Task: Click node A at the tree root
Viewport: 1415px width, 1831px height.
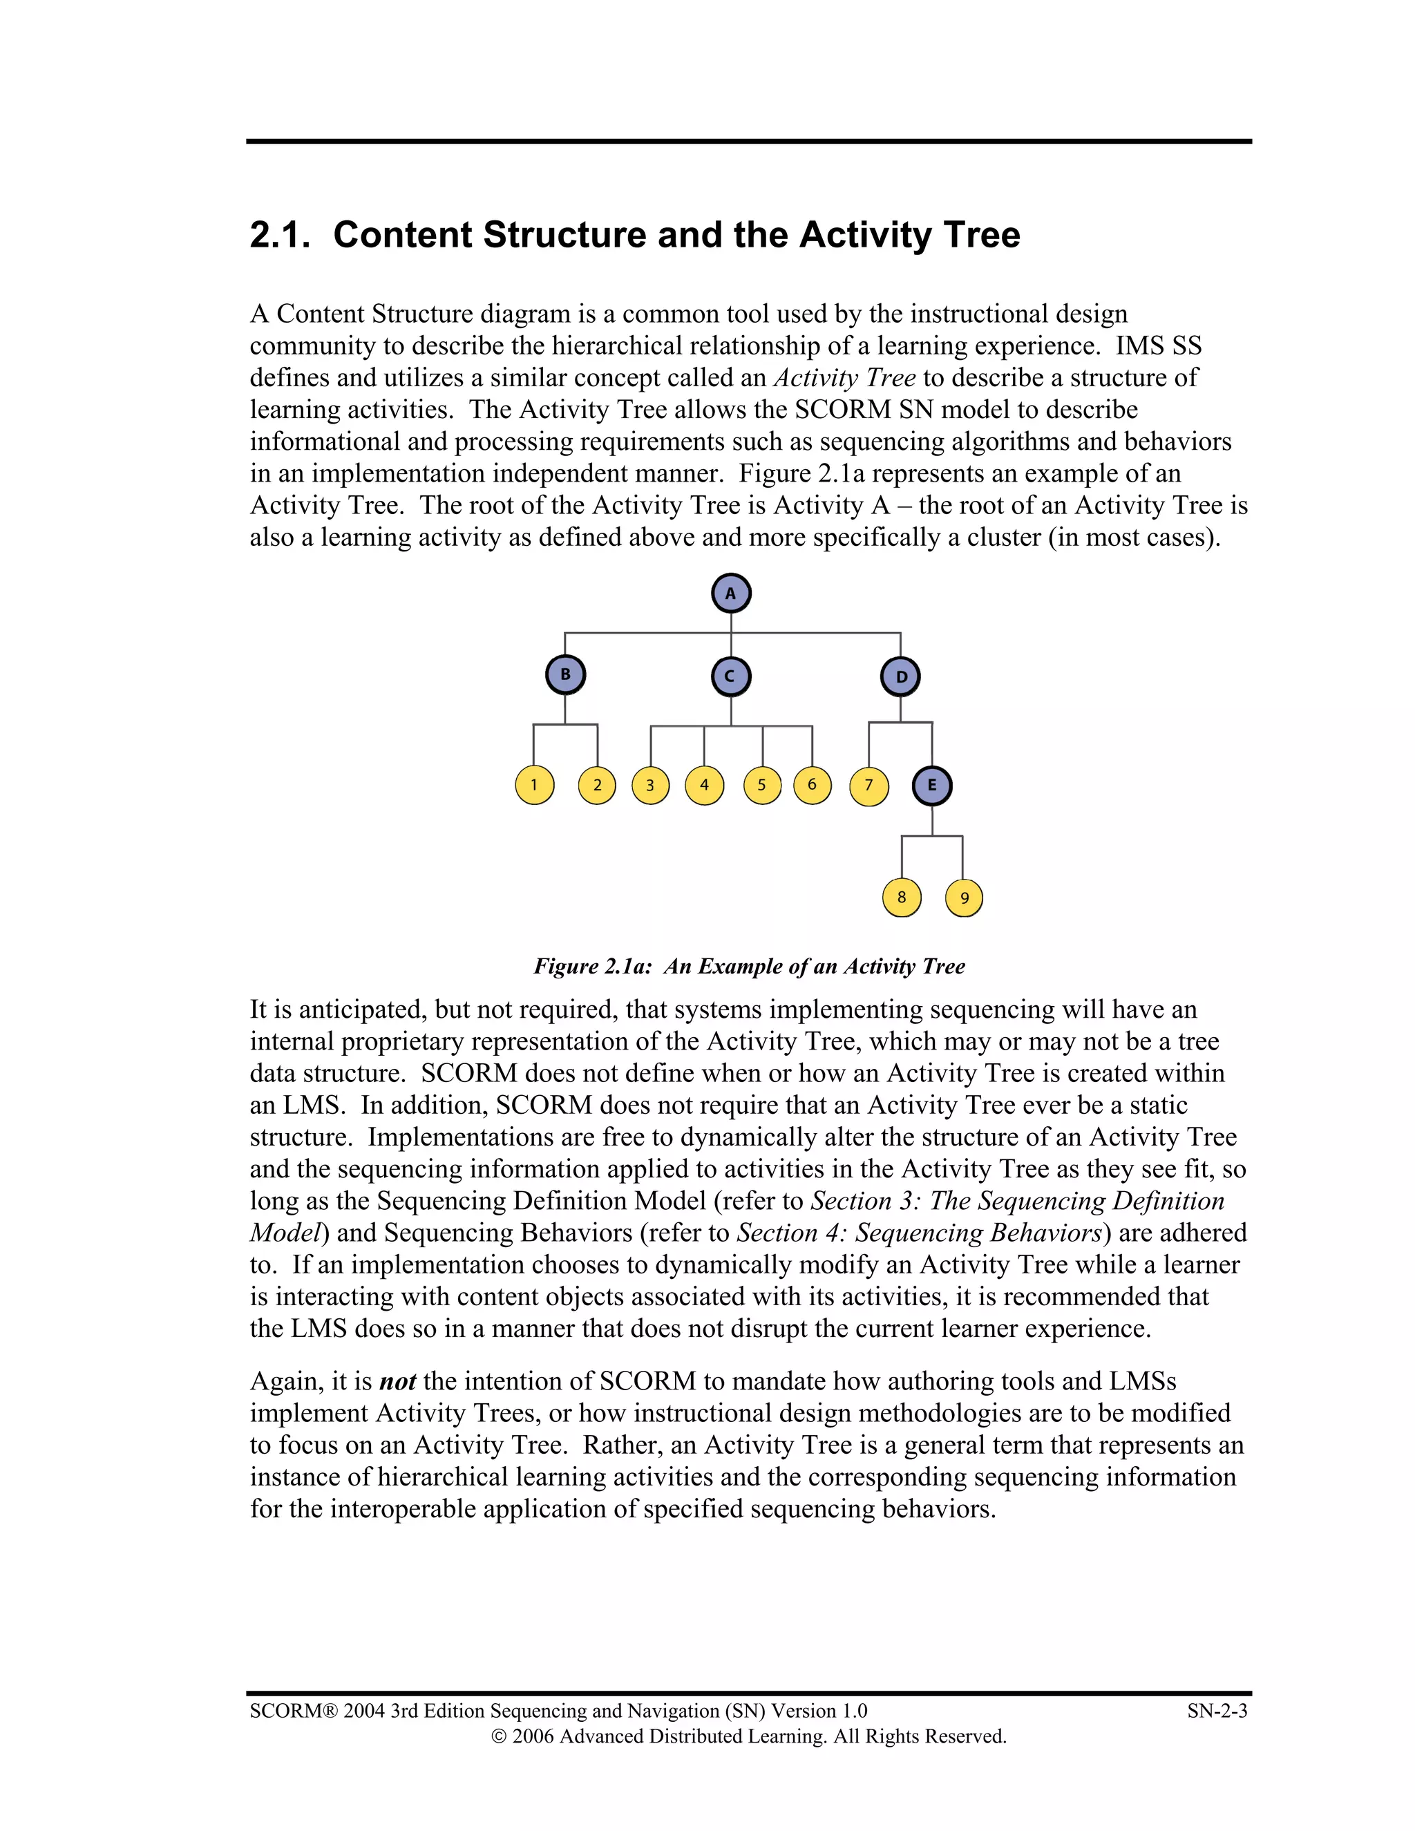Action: point(731,594)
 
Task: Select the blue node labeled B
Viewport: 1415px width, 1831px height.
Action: point(565,675)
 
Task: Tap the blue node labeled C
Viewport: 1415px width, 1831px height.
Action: point(731,676)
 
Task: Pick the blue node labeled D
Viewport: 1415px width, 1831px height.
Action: point(900,676)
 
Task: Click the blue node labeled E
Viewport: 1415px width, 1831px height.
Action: point(932,786)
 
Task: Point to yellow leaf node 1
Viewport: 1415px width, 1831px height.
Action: point(534,786)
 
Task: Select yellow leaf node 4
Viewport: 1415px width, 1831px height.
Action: point(704,786)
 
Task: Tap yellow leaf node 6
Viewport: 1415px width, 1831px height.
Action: point(811,786)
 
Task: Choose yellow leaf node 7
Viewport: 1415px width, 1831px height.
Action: point(868,786)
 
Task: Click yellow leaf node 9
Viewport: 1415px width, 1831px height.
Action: point(963,898)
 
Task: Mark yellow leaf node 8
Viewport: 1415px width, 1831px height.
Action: point(901,897)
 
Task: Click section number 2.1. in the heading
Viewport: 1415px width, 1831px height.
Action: point(280,236)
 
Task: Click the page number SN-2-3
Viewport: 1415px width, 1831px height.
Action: point(1216,1711)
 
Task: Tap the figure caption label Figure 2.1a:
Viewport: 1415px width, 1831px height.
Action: point(592,967)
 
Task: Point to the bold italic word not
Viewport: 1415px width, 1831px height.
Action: point(397,1381)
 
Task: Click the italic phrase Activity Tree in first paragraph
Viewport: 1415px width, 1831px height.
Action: point(844,378)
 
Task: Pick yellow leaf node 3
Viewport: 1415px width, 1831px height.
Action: point(650,786)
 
